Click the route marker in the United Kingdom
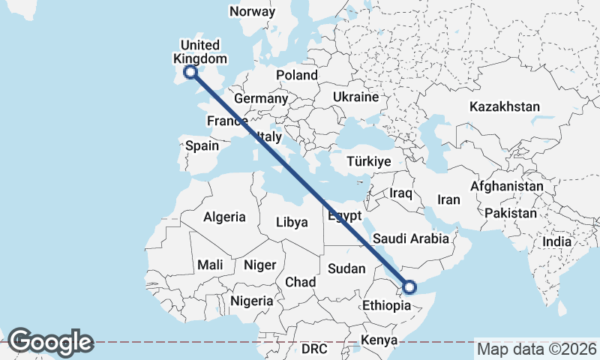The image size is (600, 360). coord(190,72)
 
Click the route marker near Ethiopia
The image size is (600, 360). coord(409,286)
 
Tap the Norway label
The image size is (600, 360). coord(252,11)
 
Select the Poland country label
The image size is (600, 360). coord(297,75)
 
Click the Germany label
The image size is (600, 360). coord(261,99)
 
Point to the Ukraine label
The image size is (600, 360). coord(355,97)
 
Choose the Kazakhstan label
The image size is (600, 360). coord(505,107)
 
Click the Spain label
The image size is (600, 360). coord(202,146)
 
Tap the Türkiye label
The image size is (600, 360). coord(369,162)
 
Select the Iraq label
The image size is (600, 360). coord(401,193)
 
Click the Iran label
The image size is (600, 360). coord(448,200)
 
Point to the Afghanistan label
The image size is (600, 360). coord(507,186)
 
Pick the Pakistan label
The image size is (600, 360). coord(511,214)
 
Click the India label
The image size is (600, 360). coord(556,241)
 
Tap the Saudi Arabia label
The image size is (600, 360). coord(410,238)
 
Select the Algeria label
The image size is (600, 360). coord(224,217)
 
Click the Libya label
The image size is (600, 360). coord(292,222)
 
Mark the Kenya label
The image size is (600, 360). coord(379,340)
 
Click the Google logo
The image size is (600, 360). coord(50,342)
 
